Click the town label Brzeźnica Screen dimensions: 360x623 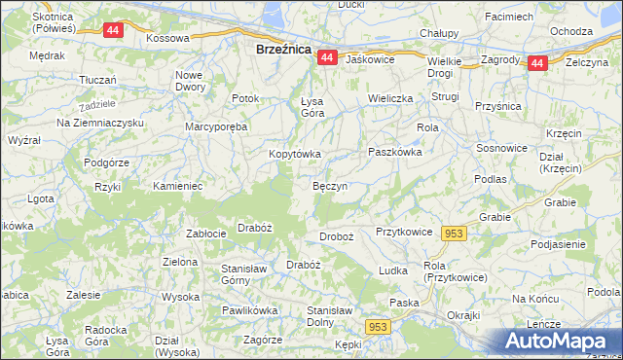click(x=282, y=48)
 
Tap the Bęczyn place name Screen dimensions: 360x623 click(x=330, y=185)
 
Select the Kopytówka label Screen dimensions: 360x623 click(x=295, y=154)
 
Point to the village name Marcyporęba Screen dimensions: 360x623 click(x=217, y=126)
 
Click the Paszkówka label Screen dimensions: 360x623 click(x=394, y=152)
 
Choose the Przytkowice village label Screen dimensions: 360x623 click(x=403, y=233)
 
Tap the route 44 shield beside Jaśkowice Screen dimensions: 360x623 click(x=326, y=58)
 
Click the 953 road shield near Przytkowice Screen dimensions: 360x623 click(x=454, y=234)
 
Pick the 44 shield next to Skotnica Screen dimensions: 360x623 click(x=113, y=30)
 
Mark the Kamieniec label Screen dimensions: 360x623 click(x=177, y=185)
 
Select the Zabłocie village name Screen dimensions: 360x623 click(x=205, y=234)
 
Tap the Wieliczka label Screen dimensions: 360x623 click(x=391, y=99)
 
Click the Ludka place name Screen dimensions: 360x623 click(x=392, y=270)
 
